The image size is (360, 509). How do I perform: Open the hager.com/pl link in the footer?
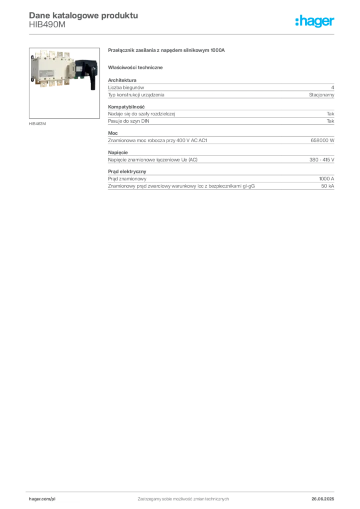point(42,498)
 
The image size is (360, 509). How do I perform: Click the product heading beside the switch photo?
point(167,51)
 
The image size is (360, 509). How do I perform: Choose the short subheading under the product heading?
point(137,67)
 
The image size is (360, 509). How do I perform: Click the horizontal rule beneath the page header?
point(182,34)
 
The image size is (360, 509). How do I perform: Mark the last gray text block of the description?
point(220,180)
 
